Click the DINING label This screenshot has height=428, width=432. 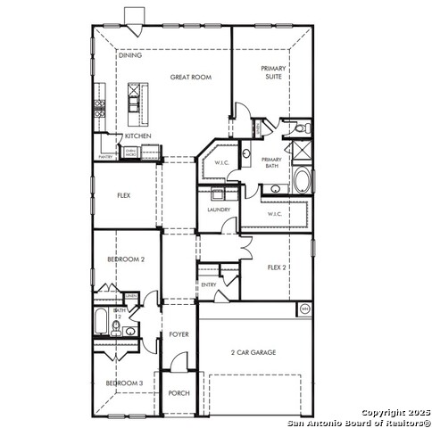(x=130, y=55)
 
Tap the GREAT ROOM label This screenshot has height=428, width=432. (x=190, y=78)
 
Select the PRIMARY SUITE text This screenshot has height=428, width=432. (x=273, y=72)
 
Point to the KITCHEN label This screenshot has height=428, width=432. (x=137, y=136)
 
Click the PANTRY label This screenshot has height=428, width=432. (x=106, y=155)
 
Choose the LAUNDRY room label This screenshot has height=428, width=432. (x=219, y=210)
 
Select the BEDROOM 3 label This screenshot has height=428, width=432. (x=124, y=383)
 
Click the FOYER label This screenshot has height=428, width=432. (x=179, y=334)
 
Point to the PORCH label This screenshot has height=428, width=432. (x=179, y=392)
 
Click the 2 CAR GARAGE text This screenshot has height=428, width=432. (x=253, y=352)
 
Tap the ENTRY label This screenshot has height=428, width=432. (x=208, y=284)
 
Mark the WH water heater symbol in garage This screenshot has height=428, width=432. (x=303, y=309)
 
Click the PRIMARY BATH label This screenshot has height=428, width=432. (x=271, y=162)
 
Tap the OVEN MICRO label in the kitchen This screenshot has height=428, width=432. (x=131, y=152)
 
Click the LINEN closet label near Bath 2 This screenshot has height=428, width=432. (x=130, y=295)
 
